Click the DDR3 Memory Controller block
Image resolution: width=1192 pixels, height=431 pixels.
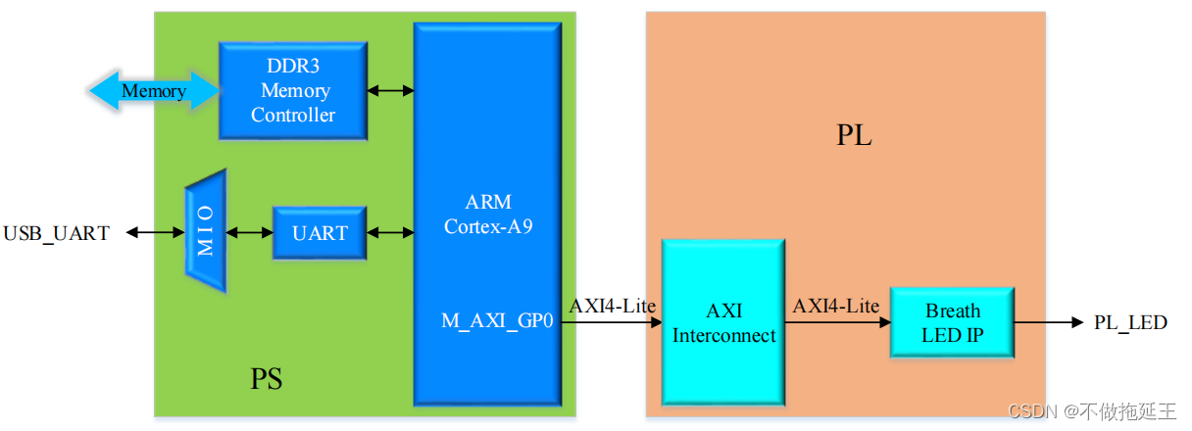click(x=292, y=91)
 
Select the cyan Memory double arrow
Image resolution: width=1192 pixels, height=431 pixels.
click(x=153, y=91)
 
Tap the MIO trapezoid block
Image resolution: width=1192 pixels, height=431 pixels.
click(x=206, y=232)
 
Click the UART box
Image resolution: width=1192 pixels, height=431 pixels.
click(x=319, y=233)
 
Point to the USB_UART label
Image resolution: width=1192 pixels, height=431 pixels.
click(x=57, y=233)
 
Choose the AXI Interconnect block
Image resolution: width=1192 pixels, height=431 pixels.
click(x=722, y=322)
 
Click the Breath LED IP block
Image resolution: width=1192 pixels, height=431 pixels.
click(x=951, y=322)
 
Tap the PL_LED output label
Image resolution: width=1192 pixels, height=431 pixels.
click(x=1130, y=322)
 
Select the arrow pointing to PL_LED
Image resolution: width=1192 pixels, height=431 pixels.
click(x=1049, y=322)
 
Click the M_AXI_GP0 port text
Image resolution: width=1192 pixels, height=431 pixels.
click(x=498, y=322)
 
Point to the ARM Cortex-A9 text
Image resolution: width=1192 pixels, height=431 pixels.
click(x=488, y=215)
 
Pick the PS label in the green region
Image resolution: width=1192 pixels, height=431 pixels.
click(x=266, y=378)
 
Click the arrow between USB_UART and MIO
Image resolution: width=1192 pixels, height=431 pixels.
click(x=155, y=233)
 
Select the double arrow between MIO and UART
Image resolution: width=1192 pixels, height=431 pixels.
click(x=249, y=233)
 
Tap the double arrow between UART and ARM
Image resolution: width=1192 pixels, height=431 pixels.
click(x=390, y=233)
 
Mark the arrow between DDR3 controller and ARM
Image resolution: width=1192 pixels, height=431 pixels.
click(x=390, y=91)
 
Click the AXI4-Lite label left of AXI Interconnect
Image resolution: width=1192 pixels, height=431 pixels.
click(x=613, y=305)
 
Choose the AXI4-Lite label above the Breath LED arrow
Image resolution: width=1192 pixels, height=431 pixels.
click(x=836, y=306)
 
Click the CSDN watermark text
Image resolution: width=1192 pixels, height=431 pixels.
click(x=1091, y=412)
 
